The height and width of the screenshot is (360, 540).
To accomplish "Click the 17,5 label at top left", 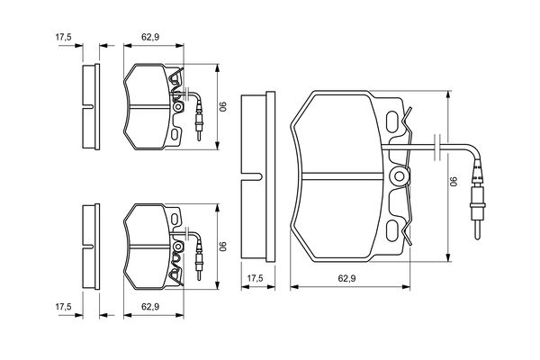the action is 63,37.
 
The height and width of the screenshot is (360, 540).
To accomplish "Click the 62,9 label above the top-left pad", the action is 150,37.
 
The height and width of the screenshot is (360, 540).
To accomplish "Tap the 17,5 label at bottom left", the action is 63,306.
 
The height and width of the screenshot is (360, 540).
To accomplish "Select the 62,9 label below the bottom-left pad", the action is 150,306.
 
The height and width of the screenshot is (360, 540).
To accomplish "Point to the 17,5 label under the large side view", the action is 256,278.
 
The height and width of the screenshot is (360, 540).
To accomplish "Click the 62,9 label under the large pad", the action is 346,278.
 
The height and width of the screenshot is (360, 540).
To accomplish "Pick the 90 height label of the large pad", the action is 454,182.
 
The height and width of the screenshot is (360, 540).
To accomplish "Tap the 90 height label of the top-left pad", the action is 224,106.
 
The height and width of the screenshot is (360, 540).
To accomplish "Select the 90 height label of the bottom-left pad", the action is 224,247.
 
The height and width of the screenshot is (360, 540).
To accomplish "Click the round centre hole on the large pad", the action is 400,176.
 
